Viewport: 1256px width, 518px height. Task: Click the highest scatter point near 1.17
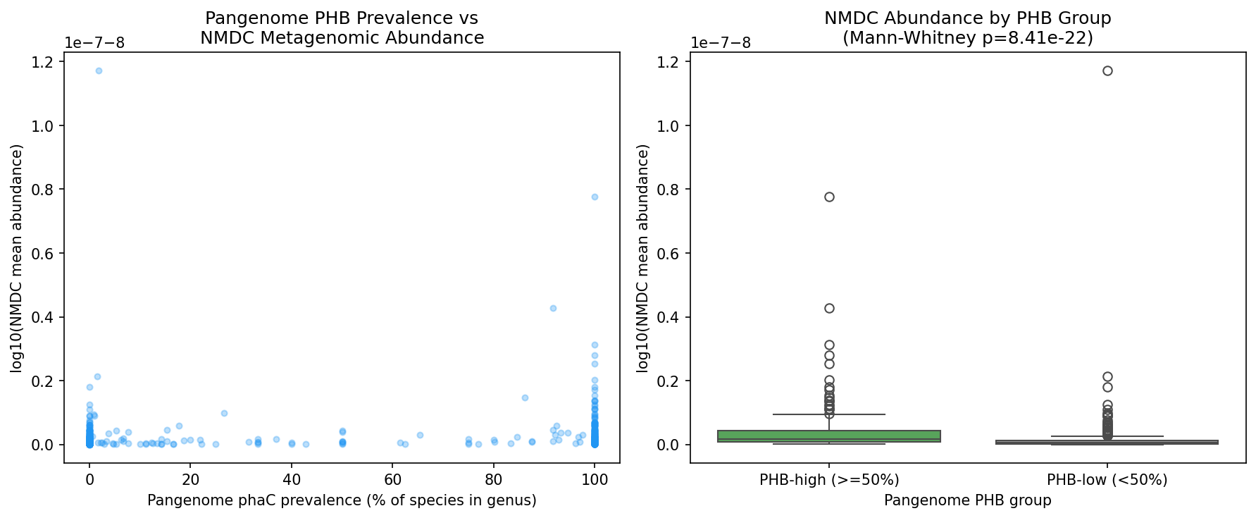coord(99,70)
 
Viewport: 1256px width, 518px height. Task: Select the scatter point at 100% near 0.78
coord(595,197)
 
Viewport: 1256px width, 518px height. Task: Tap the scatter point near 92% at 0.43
coord(553,308)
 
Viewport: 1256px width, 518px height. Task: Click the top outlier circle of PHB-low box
coord(1107,70)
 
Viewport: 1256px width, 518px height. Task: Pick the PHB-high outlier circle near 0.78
coord(829,197)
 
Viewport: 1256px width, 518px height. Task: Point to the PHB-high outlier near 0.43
coord(829,308)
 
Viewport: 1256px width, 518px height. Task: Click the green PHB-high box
coord(829,436)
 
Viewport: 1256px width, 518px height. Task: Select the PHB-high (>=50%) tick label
coord(829,481)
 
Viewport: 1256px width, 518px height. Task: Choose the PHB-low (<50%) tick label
coord(1107,481)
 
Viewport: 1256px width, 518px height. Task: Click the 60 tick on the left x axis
coord(393,481)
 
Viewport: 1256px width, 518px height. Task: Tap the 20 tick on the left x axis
coord(190,481)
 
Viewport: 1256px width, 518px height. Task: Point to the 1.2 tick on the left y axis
coord(45,62)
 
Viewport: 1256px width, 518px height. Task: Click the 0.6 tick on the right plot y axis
coord(671,254)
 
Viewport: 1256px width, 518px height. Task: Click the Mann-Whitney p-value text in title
coord(967,38)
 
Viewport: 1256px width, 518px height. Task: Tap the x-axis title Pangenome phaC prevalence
coord(342,501)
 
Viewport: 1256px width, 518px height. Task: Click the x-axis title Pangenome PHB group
coord(967,501)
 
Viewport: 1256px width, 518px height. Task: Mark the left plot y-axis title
coord(17,258)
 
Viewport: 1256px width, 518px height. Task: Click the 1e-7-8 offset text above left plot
coord(94,43)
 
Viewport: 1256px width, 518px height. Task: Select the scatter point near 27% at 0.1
coord(224,413)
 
